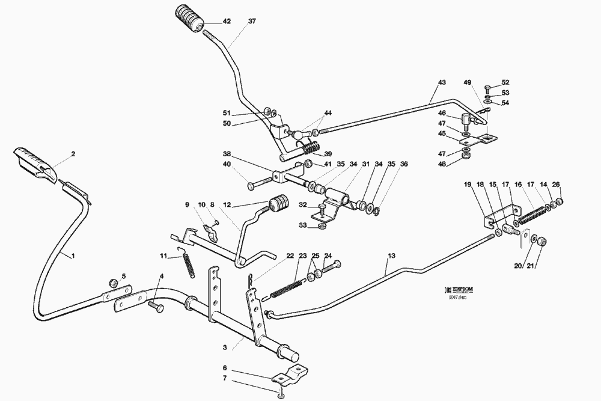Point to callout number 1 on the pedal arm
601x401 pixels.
click(x=73, y=256)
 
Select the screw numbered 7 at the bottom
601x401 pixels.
click(x=280, y=394)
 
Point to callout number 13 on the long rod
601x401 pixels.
click(x=391, y=256)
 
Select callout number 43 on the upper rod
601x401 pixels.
click(x=442, y=82)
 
